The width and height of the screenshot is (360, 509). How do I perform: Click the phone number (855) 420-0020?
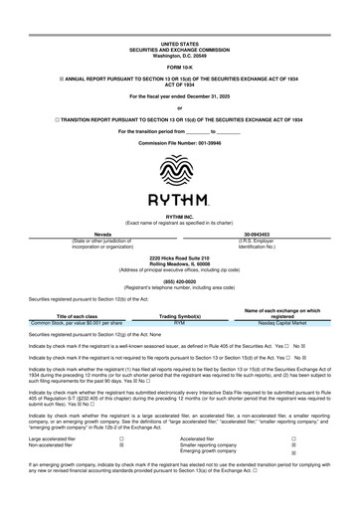(x=180, y=280)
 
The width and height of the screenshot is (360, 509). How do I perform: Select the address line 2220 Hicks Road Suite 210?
(x=180, y=257)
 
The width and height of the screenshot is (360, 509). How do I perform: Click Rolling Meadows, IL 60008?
(x=180, y=263)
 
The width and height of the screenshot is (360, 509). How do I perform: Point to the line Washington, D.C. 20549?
(x=180, y=56)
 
